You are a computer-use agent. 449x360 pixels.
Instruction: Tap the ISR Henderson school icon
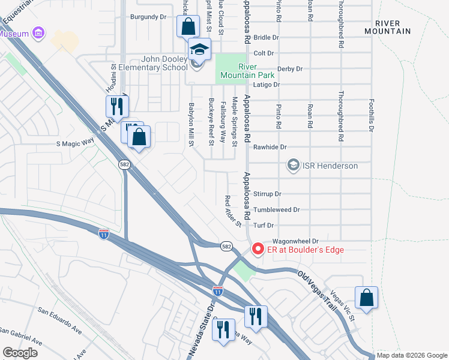(294, 165)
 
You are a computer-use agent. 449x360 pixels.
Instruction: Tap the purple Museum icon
(38, 32)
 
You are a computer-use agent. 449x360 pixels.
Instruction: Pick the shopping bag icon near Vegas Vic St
(366, 298)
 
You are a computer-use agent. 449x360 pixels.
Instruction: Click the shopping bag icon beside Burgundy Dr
(188, 27)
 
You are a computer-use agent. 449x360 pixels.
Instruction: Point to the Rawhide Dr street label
(270, 146)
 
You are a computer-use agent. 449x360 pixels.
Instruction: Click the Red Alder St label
(232, 212)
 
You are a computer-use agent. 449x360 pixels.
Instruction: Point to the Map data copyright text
(412, 355)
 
